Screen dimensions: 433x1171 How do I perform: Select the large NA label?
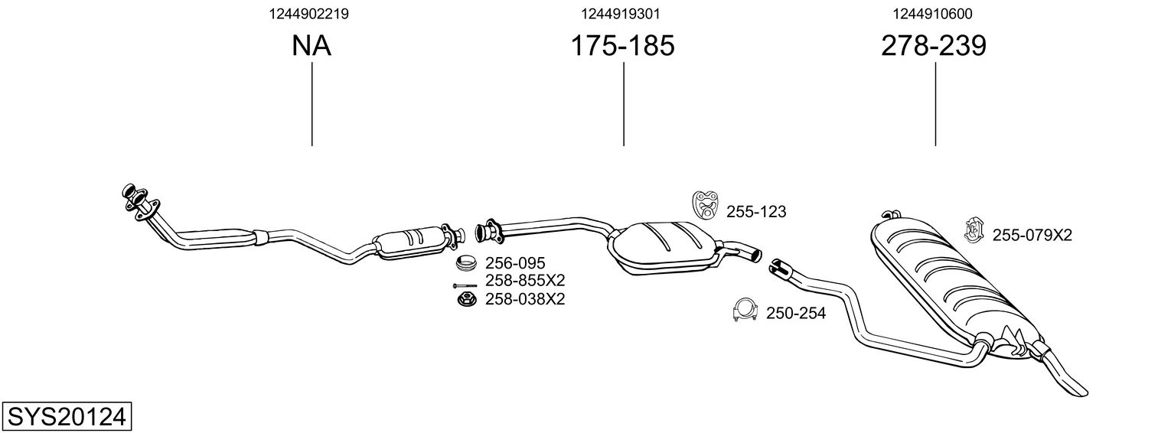[312, 47]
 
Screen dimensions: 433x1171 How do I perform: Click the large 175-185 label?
[623, 47]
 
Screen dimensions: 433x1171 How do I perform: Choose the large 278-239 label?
[935, 47]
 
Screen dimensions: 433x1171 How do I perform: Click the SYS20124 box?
[67, 417]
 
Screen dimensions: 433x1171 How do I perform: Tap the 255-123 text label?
[756, 212]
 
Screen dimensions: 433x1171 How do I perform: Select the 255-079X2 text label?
[1032, 236]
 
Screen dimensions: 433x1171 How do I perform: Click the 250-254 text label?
[796, 313]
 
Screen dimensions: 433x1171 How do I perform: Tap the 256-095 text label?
[514, 264]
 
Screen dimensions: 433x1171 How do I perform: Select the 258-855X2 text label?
[525, 281]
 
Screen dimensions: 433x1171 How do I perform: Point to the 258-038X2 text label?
[525, 299]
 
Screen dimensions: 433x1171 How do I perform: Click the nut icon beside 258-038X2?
[465, 299]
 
